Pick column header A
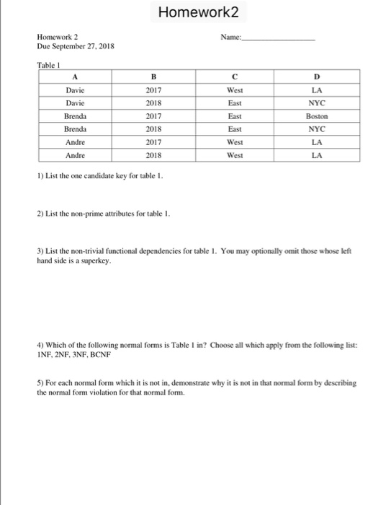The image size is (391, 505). pyautogui.click(x=75, y=77)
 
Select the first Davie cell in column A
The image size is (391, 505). pyautogui.click(x=75, y=90)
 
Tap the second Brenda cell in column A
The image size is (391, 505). pyautogui.click(x=75, y=128)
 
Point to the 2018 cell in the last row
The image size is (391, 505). pyautogui.click(x=153, y=154)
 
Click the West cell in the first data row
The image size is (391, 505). pyautogui.click(x=235, y=90)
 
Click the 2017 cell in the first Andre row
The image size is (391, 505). pyautogui.click(x=153, y=141)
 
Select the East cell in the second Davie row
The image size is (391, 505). pyautogui.click(x=235, y=102)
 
